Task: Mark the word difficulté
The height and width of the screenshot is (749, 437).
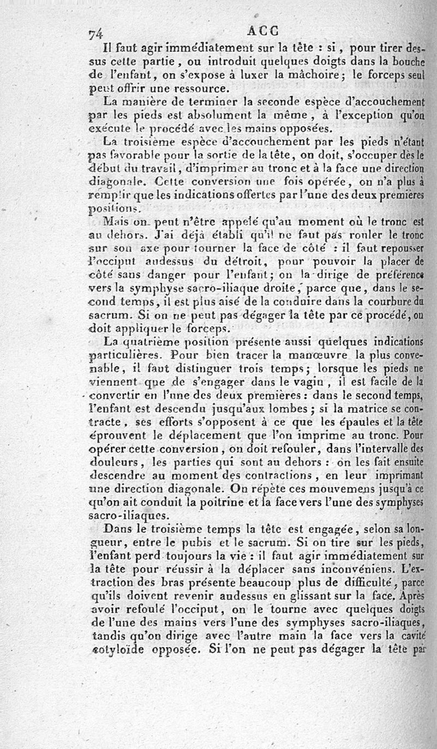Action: (x=358, y=582)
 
